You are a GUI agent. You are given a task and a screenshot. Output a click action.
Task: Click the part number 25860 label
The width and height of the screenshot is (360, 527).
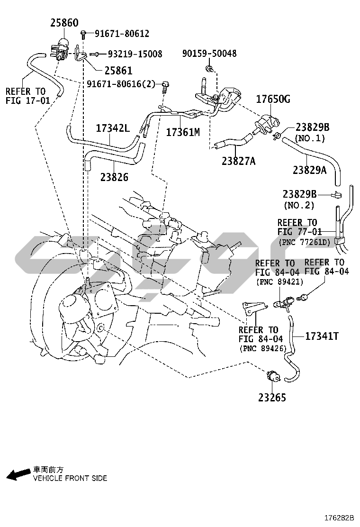pos(64,23)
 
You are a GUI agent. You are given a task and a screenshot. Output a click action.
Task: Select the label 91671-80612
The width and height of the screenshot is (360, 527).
pos(122,33)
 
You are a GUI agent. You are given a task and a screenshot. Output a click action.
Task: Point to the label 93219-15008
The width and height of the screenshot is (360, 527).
pos(135,54)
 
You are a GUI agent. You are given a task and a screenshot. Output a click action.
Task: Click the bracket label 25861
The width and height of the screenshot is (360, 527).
pos(118,70)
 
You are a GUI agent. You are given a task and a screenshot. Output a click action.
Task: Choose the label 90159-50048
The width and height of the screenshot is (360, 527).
pos(209,53)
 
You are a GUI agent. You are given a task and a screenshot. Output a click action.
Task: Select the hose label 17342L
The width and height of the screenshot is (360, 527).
pos(113,127)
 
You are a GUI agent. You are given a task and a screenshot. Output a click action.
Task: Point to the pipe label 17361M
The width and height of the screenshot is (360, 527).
pos(183,132)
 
